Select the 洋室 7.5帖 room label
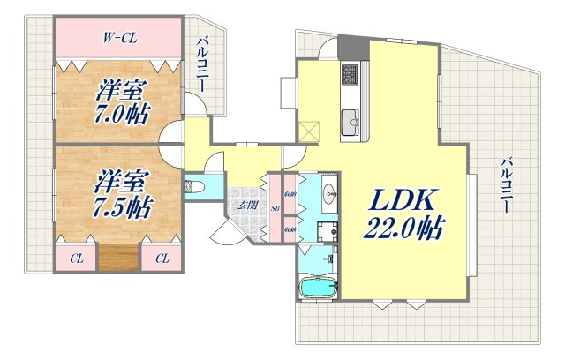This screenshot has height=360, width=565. (x=122, y=195)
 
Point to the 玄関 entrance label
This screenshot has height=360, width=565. (x=246, y=206)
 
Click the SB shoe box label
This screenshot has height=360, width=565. (x=275, y=209)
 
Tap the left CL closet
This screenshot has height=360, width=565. (x=77, y=258)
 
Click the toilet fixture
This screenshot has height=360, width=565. (x=194, y=187)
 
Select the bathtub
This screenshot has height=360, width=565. (x=317, y=288)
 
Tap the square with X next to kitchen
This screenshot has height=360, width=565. (x=310, y=130)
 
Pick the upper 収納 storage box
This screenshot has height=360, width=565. (x=290, y=193)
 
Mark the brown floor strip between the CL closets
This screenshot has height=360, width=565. (x=119, y=258)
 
